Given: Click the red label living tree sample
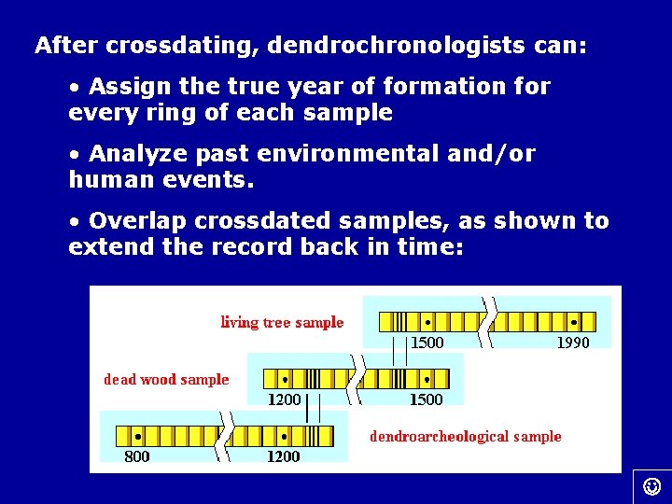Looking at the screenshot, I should pyautogui.click(x=282, y=323).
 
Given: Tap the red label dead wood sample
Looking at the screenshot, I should pyautogui.click(x=166, y=379).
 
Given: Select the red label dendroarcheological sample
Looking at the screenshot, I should pyautogui.click(x=466, y=436).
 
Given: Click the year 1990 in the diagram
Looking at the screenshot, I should pyautogui.click(x=573, y=343).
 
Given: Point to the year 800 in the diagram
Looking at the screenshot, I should pyautogui.click(x=137, y=456).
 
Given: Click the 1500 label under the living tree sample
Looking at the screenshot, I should pyautogui.click(x=427, y=343).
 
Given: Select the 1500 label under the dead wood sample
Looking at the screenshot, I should pyautogui.click(x=427, y=399).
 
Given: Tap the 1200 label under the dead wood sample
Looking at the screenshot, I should pyautogui.click(x=285, y=399).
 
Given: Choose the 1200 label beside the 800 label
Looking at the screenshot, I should pyautogui.click(x=284, y=456).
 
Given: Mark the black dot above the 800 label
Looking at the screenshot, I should pyautogui.click(x=138, y=436).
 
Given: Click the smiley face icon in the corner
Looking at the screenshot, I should pyautogui.click(x=652, y=485).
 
